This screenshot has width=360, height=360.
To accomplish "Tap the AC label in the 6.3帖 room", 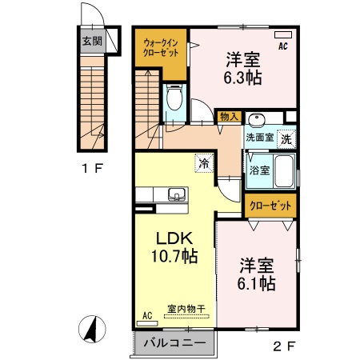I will (283, 47).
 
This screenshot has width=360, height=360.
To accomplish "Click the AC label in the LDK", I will (146, 316).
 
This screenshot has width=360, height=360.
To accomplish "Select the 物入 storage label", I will (230, 117).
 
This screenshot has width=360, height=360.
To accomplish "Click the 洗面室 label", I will (259, 137).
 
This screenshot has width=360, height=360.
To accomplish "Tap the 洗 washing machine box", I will (286, 137).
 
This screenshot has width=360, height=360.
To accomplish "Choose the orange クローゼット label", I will (270, 206).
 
